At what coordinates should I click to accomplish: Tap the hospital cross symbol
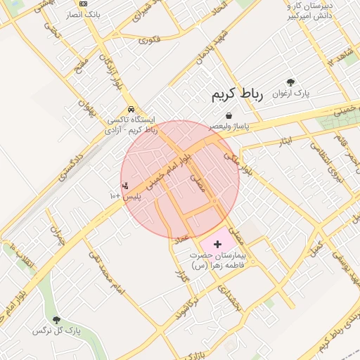click(217, 243)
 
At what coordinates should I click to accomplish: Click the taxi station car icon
click(132, 110)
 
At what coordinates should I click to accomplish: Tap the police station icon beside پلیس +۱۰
click(125, 186)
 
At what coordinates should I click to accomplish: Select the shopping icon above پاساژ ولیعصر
click(229, 115)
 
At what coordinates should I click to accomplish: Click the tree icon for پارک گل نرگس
click(56, 320)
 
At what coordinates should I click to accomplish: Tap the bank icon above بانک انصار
click(84, 4)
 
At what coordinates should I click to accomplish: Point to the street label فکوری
click(150, 39)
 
